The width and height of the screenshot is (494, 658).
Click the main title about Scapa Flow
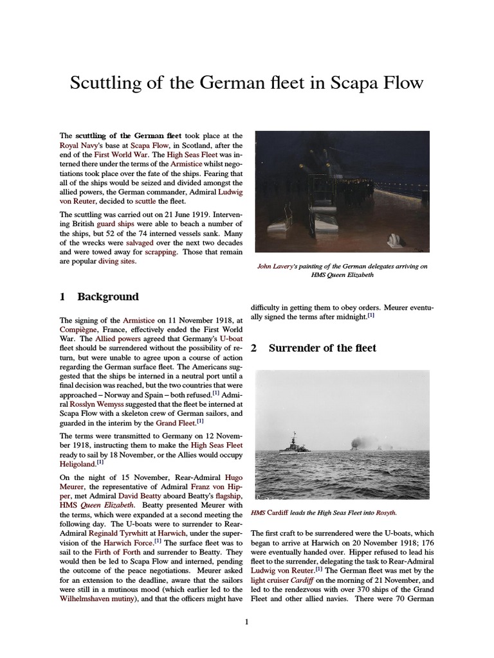(x=246, y=83)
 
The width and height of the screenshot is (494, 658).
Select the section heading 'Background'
(x=107, y=297)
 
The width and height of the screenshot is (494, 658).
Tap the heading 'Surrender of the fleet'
(x=322, y=348)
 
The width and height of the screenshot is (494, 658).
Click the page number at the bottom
(x=246, y=621)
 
